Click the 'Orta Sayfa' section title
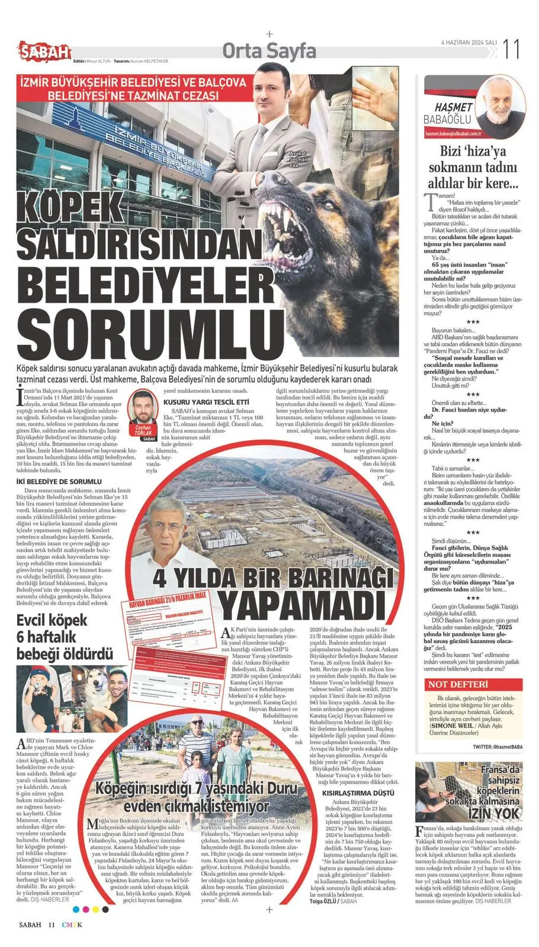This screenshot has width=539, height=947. (x=269, y=51)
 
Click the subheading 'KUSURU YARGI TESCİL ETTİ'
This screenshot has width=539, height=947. (x=206, y=403)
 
